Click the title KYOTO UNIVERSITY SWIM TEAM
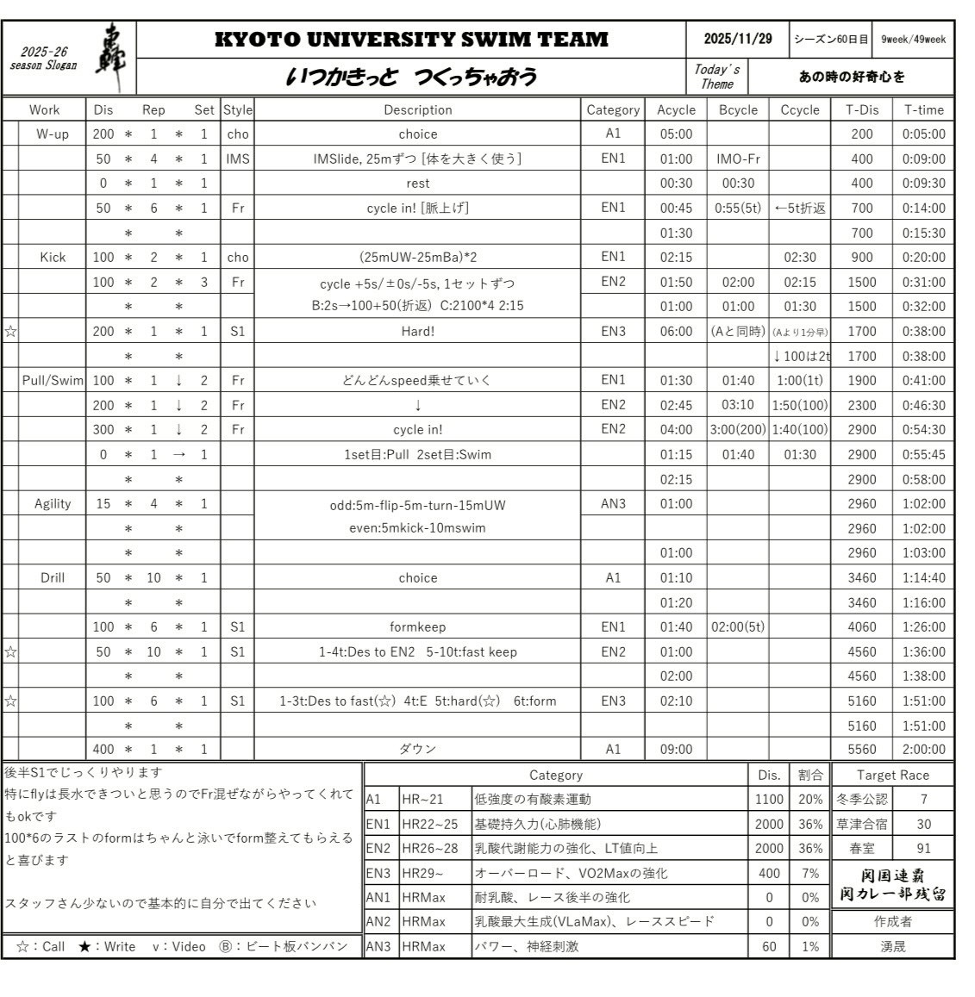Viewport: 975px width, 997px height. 410,40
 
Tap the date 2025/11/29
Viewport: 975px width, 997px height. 738,39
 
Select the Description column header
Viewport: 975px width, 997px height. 417,109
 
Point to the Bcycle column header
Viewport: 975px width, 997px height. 738,109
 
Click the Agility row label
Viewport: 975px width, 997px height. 53,503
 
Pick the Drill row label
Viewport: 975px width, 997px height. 53,577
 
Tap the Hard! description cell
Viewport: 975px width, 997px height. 417,331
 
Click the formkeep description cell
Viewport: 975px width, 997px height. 417,626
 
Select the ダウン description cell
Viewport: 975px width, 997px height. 417,749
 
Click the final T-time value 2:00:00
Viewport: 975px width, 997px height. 923,749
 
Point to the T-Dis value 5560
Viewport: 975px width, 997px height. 861,749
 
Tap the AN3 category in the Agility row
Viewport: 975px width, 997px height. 612,503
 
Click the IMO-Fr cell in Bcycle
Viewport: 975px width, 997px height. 738,159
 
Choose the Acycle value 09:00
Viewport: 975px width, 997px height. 676,749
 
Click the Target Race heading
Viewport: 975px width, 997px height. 892,775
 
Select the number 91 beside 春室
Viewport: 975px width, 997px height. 923,848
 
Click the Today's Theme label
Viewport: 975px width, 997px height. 717,76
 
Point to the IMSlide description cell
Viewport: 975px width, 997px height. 417,159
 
